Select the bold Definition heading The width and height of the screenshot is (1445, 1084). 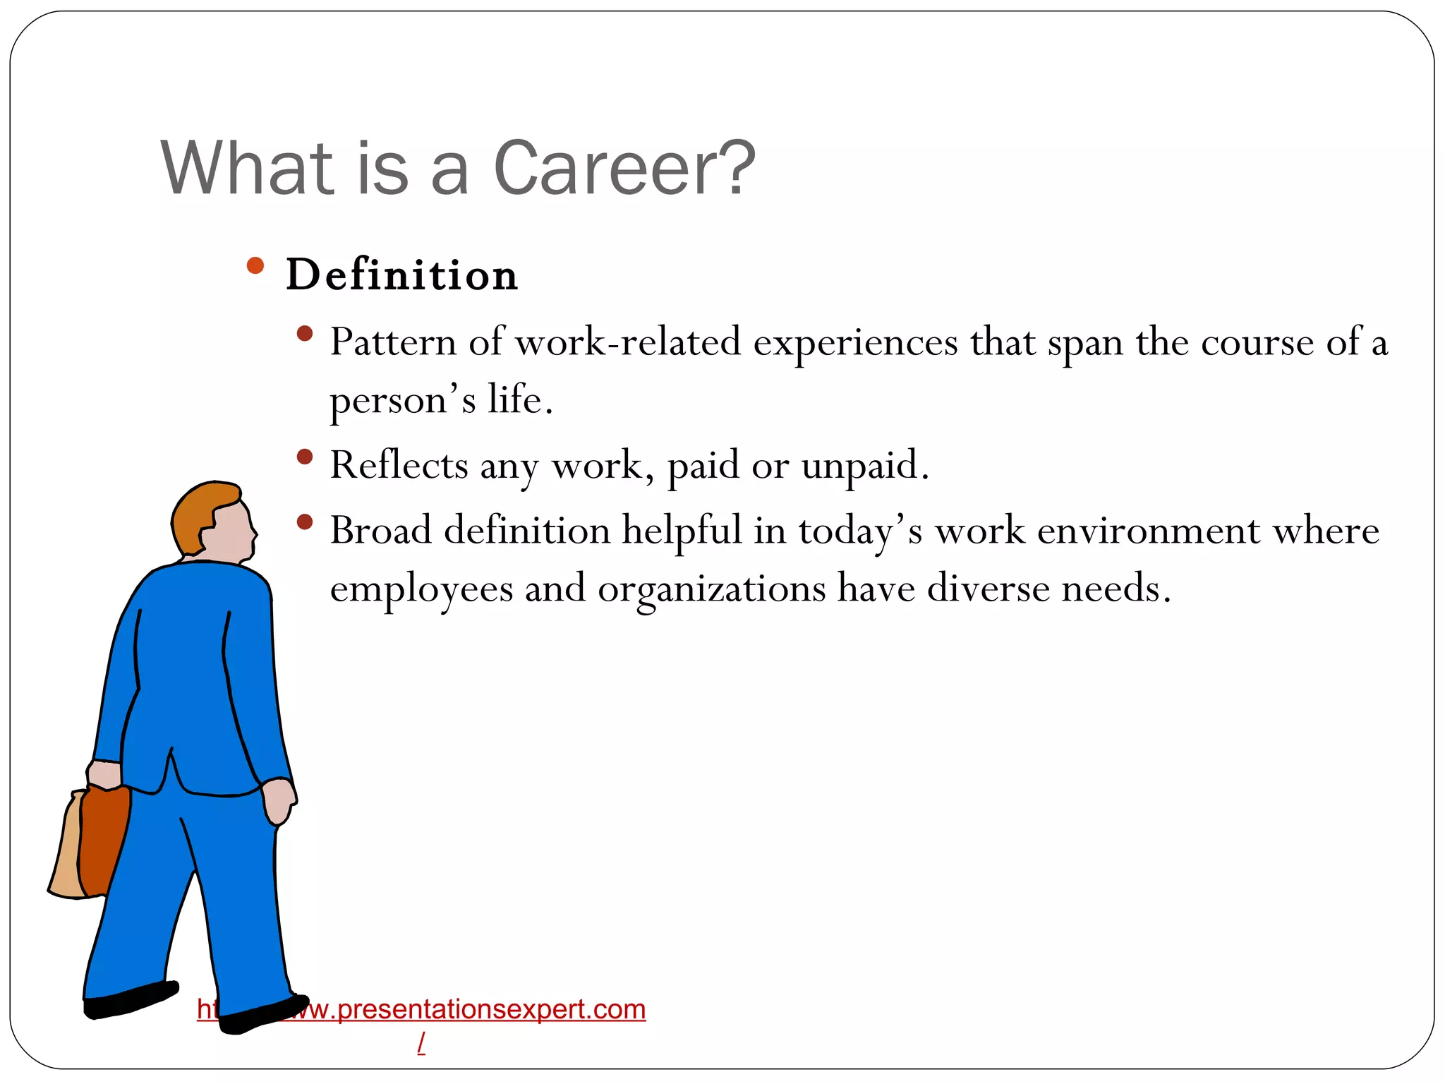(401, 275)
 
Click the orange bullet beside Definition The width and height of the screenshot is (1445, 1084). (255, 266)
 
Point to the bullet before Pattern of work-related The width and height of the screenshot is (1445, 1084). (305, 333)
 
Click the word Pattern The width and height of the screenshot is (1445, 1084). (393, 342)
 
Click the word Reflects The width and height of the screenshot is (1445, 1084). (399, 465)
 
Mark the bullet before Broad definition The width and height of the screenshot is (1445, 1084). (305, 522)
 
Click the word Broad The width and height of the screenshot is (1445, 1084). (381, 530)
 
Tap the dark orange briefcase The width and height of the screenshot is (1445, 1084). (104, 840)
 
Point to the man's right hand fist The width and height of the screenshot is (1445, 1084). (279, 801)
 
